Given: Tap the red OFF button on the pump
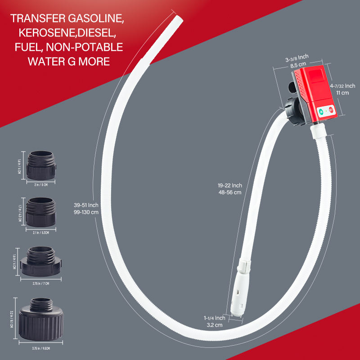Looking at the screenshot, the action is (331, 109).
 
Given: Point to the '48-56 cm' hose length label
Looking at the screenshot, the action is (229, 192).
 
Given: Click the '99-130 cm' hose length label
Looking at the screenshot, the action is (86, 212).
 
